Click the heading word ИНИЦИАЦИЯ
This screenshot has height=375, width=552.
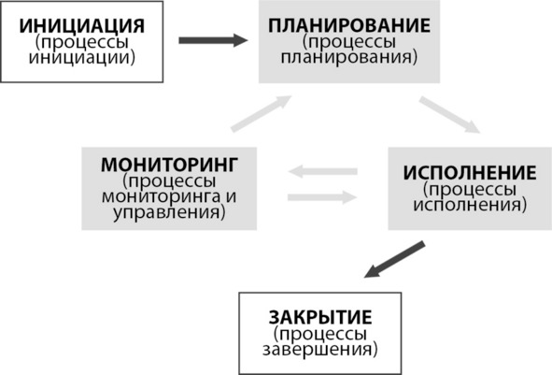(81, 26)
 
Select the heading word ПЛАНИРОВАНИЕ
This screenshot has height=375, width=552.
(349, 26)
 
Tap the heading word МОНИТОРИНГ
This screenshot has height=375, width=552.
(169, 165)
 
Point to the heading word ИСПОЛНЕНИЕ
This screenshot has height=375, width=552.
(470, 173)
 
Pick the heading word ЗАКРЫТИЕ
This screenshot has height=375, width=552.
(320, 317)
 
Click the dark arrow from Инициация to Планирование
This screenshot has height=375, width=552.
(213, 40)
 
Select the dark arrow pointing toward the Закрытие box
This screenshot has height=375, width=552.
(394, 259)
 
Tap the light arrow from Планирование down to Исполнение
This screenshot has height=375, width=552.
(449, 114)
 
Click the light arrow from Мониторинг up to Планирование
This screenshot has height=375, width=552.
(262, 113)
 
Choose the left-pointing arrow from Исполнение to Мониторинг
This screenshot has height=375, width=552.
(323, 172)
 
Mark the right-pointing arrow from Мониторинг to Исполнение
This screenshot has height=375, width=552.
(323, 197)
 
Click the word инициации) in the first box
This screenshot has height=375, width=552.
(81, 57)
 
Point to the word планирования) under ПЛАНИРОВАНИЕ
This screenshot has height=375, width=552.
(349, 57)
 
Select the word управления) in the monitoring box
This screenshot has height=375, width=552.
(169, 212)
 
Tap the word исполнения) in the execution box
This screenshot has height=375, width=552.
(470, 205)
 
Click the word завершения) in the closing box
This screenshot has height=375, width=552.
(320, 350)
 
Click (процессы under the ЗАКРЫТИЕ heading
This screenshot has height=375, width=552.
(320, 334)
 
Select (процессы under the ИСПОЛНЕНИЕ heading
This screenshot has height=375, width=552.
(470, 189)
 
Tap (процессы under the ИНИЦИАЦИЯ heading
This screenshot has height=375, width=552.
(81, 42)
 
